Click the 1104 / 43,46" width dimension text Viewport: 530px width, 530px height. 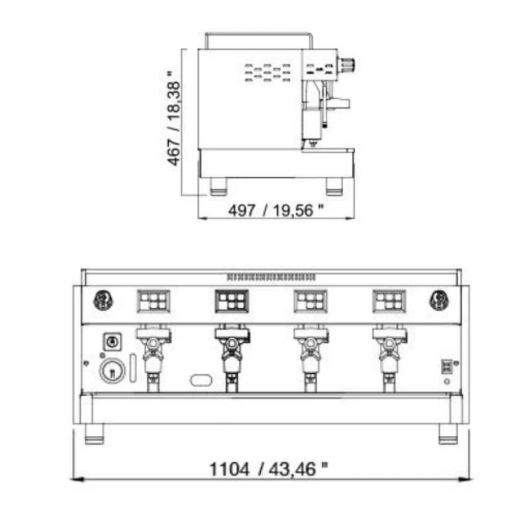[x=269, y=469]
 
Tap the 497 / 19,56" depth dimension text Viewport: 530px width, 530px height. [x=276, y=210]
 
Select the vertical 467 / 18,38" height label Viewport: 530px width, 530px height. [x=174, y=118]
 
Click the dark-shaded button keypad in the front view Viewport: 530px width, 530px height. [x=232, y=301]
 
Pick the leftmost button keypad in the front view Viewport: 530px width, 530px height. [x=154, y=301]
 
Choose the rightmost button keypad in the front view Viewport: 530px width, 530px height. [x=389, y=301]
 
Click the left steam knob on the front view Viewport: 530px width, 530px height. [x=103, y=300]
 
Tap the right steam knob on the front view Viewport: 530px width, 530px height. [x=439, y=300]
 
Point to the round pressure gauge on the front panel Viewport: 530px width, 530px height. [x=112, y=371]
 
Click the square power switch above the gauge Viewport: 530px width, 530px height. [x=112, y=342]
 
